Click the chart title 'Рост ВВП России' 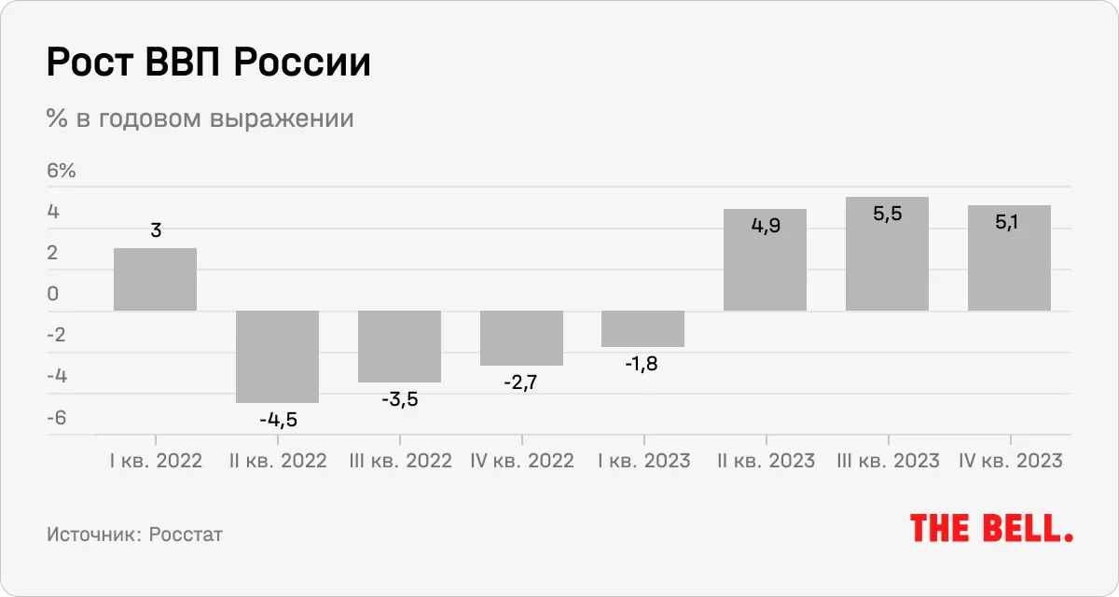pos(208,64)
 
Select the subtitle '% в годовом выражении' pos(200,119)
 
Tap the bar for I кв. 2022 pos(155,279)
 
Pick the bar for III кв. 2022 pos(399,346)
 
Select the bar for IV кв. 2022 pos(521,338)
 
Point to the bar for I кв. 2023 pos(643,328)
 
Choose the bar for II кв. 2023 pos(765,260)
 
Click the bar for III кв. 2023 pos(887,254)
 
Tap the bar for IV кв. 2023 pos(1009,258)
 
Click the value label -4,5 pos(278,420)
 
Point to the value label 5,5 pos(887,214)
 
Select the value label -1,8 pos(642,364)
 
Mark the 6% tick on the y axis pos(61,172)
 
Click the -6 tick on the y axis pos(57,418)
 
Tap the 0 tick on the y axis pos(53,295)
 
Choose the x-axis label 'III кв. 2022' pos(399,461)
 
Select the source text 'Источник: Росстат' pos(134,535)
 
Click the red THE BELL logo pos(991,528)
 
